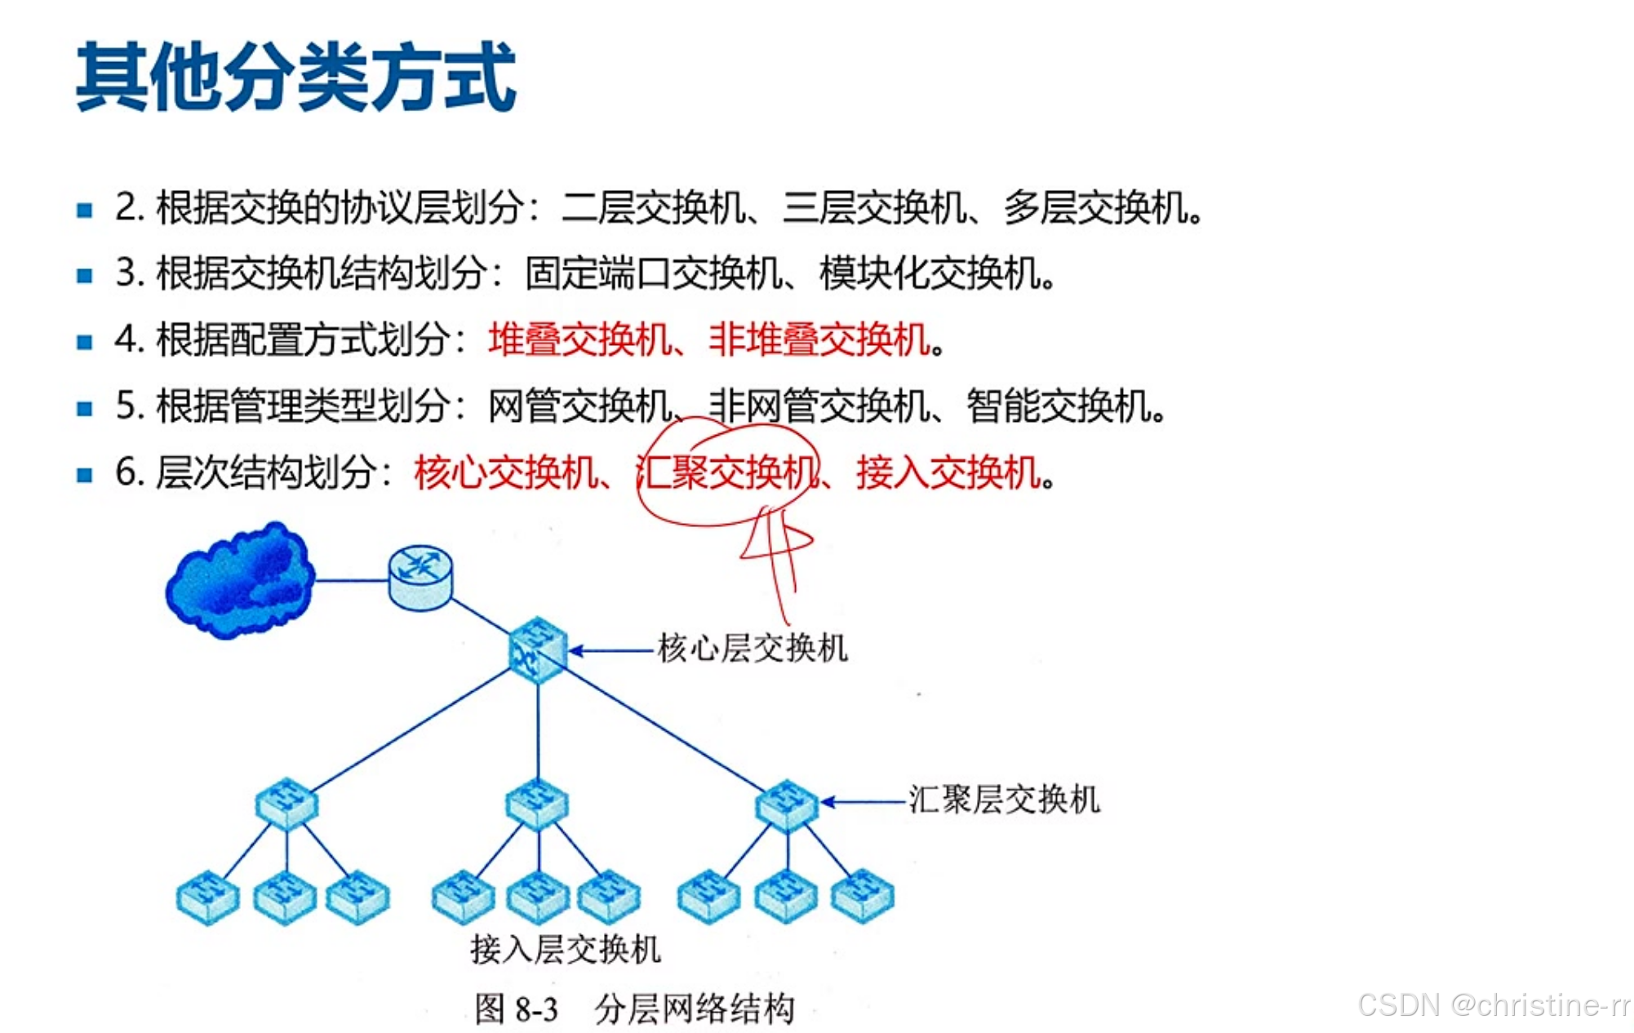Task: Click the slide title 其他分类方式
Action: (x=295, y=78)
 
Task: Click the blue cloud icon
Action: (x=240, y=580)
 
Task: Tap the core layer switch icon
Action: (x=537, y=650)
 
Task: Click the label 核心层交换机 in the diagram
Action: (x=753, y=649)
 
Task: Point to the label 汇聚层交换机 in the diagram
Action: (x=1004, y=800)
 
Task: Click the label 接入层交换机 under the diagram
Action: (x=565, y=949)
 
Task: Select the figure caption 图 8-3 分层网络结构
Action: (x=634, y=1009)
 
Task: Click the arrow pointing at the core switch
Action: (x=612, y=650)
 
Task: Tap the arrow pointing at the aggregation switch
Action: (x=864, y=801)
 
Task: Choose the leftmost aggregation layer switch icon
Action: (x=286, y=804)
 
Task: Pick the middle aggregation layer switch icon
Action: (x=536, y=804)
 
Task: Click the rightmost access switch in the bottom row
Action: (x=862, y=896)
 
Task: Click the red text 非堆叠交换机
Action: (x=819, y=339)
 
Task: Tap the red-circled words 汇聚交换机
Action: (x=726, y=472)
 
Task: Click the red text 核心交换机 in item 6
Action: (x=506, y=472)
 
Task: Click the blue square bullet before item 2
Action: (x=84, y=210)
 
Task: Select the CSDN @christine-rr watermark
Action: (x=1493, y=1005)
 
